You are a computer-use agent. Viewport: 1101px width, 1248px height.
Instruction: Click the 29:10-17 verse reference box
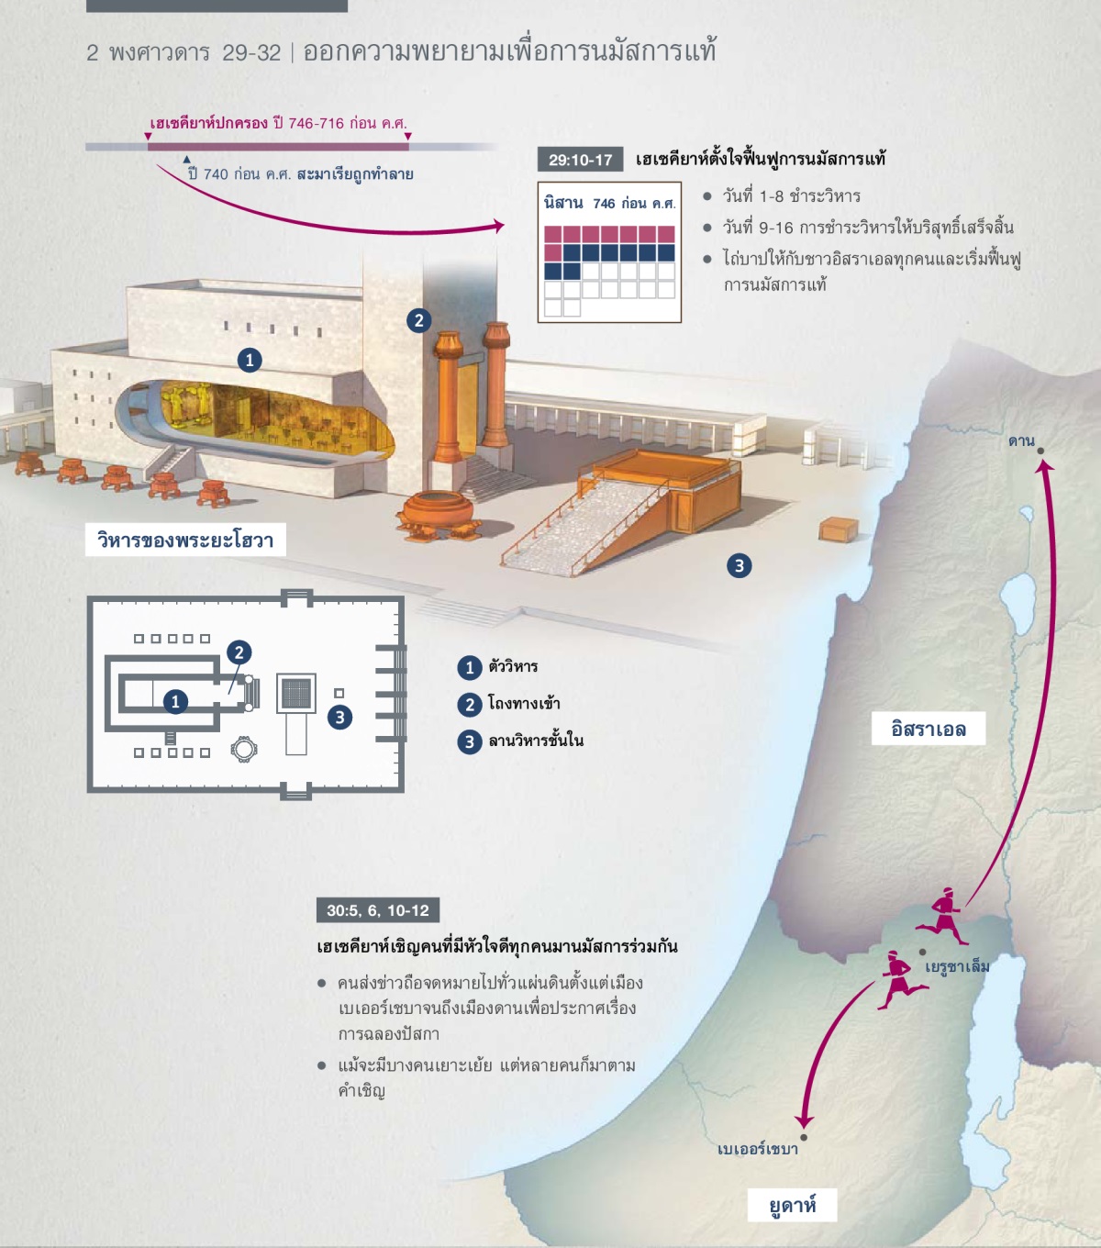point(580,160)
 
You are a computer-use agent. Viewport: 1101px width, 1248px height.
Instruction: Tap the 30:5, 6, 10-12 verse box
point(378,909)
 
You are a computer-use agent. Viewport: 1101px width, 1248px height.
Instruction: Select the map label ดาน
point(1021,441)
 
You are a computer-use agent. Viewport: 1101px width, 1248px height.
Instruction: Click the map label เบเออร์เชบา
point(757,1149)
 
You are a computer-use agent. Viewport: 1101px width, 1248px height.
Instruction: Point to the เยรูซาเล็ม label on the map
point(957,966)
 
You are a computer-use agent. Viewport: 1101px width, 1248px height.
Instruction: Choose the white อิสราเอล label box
point(928,729)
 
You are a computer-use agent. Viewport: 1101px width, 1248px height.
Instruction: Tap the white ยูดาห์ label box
point(792,1205)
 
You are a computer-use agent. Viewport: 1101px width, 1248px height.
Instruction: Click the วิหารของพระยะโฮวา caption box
point(185,540)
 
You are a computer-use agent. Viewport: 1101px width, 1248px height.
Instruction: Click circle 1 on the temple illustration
point(250,361)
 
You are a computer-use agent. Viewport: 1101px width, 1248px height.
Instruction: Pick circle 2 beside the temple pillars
point(419,320)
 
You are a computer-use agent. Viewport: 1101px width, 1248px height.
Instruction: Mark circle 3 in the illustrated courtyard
point(740,565)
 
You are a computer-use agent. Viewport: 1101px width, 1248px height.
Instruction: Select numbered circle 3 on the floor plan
point(339,717)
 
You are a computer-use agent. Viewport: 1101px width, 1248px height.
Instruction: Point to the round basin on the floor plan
point(243,749)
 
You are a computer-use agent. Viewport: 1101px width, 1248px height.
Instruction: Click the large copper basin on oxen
point(439,512)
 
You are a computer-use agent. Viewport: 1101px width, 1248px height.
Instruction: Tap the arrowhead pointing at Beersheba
point(804,1120)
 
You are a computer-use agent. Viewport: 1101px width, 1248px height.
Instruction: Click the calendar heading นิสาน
point(563,203)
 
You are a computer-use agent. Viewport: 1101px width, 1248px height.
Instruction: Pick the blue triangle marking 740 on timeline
point(186,159)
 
